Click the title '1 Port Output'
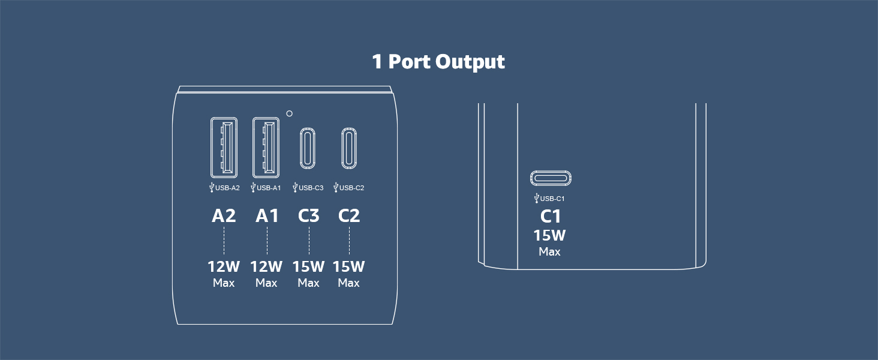click(438, 62)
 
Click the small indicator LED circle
click(289, 113)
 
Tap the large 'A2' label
click(224, 215)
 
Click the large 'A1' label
click(267, 215)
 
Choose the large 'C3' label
click(309, 215)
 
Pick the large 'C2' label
click(349, 215)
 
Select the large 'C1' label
click(551, 217)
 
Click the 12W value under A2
click(224, 266)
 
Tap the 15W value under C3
click(308, 266)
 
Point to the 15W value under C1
click(549, 236)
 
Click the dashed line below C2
click(349, 241)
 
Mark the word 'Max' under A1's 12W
click(266, 283)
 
